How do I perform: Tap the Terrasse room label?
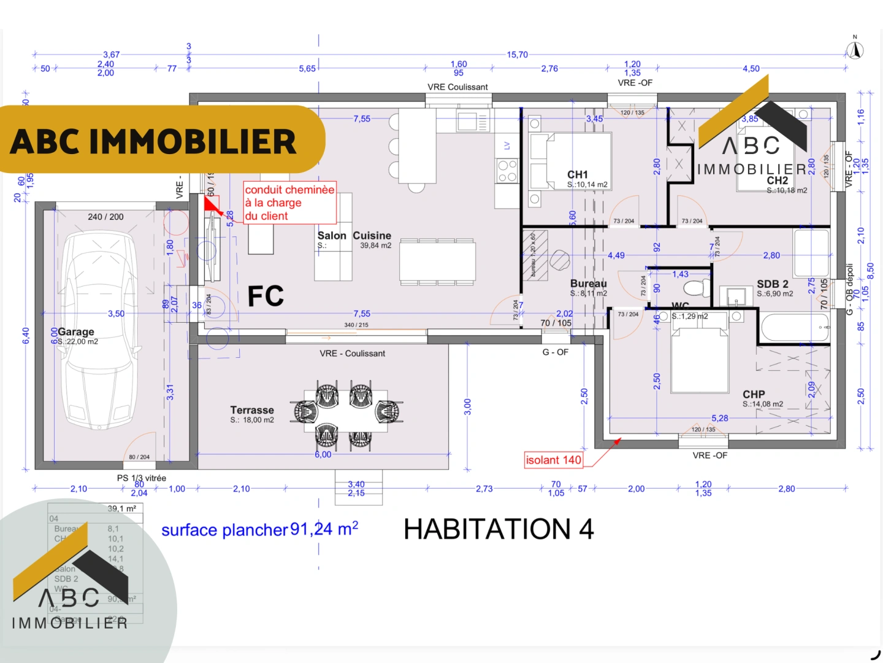point(252,410)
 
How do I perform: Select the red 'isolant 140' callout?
point(553,460)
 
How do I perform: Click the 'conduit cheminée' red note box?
point(290,203)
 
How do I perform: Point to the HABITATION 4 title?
point(499,529)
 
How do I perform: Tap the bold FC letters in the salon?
point(266,296)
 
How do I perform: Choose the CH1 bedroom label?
point(578,175)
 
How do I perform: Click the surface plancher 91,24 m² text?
point(259,529)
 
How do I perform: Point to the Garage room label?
point(76,332)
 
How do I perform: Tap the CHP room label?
point(754,394)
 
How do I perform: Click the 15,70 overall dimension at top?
point(517,55)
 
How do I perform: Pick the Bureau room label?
point(588,284)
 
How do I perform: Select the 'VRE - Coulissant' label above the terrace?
point(352,354)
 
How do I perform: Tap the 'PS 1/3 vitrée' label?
point(142,478)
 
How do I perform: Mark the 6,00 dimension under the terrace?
point(323,454)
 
